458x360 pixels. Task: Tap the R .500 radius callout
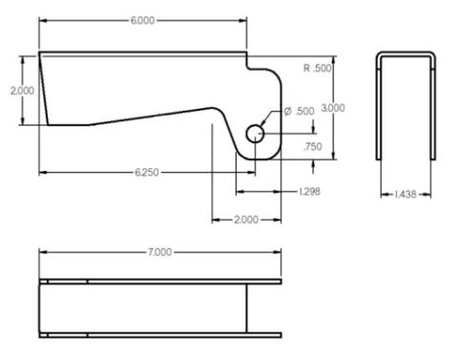point(318,69)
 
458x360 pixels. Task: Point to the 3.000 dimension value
point(333,108)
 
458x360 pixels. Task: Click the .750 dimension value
point(311,147)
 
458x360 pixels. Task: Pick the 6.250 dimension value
point(148,172)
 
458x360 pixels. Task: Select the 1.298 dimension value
point(308,192)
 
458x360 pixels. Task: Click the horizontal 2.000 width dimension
point(245,220)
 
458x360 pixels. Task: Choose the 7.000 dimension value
point(159,252)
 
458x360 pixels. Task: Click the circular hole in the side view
point(256,134)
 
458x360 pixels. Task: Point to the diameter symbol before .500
point(287,113)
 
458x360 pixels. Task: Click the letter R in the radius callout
point(306,69)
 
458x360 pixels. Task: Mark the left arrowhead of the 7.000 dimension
point(42,252)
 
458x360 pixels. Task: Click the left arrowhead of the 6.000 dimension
point(42,19)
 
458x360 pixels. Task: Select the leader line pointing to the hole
point(273,121)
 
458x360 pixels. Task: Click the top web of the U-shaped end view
point(406,54)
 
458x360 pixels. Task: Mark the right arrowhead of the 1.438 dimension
point(434,194)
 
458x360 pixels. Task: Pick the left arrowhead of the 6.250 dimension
point(42,172)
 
